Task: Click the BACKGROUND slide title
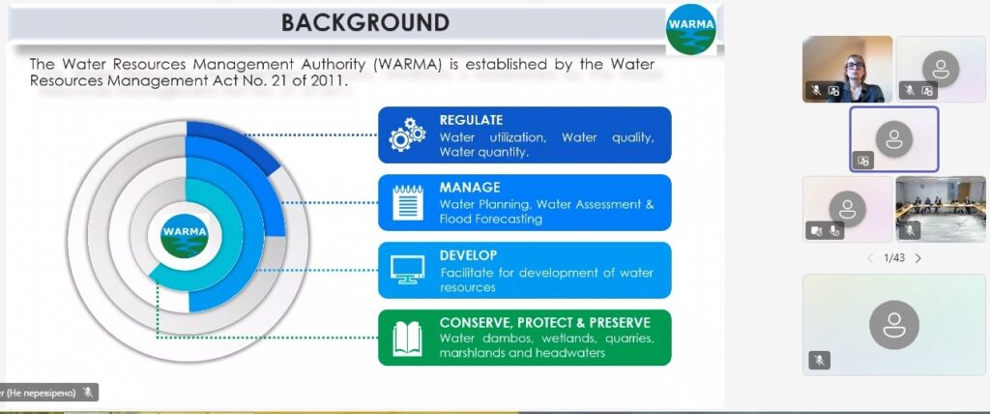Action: point(364,23)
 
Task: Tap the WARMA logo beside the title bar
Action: point(690,29)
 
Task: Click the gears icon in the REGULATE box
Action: point(407,134)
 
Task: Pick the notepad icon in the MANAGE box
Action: point(408,202)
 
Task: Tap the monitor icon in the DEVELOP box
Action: point(408,270)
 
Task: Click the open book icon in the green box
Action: point(407,339)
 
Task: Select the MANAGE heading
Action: point(470,188)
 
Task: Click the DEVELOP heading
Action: point(469,255)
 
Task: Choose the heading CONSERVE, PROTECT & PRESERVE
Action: point(545,323)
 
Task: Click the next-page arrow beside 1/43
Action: point(918,258)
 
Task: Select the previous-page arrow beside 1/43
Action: point(870,258)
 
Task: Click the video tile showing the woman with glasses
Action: point(847,70)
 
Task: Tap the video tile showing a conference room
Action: point(941,209)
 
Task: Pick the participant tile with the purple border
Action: point(894,139)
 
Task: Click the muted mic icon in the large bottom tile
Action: point(820,360)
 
